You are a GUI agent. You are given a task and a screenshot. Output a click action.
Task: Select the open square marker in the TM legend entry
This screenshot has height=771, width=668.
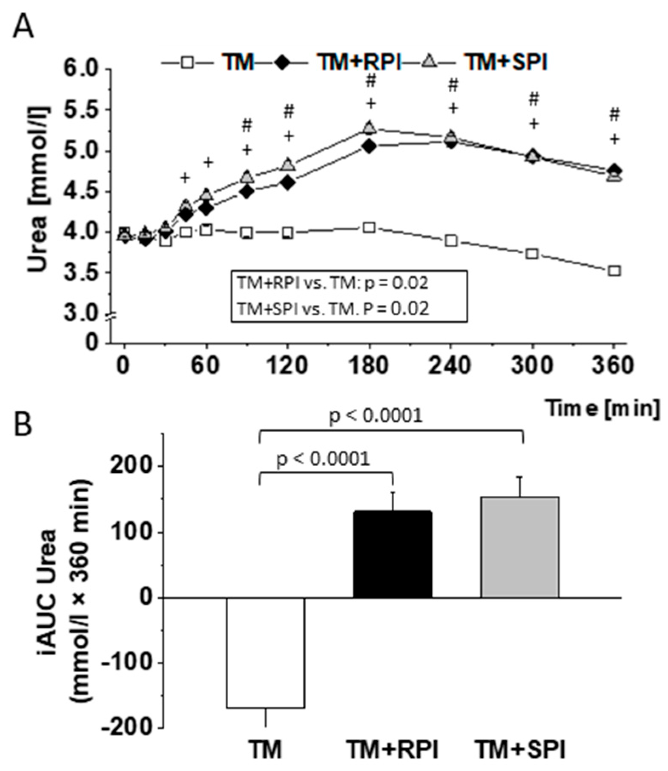coord(188,63)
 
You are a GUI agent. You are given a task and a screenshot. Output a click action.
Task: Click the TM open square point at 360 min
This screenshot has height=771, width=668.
coord(614,271)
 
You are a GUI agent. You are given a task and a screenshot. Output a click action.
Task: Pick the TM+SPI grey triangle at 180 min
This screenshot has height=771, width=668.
coord(370,127)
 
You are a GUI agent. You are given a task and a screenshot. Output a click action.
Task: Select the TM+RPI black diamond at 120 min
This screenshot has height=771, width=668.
coord(288,183)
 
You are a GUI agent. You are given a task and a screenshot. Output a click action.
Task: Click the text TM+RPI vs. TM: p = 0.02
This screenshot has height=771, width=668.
coord(332,283)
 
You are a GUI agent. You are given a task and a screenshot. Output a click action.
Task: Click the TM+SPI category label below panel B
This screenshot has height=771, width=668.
coord(520,750)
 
